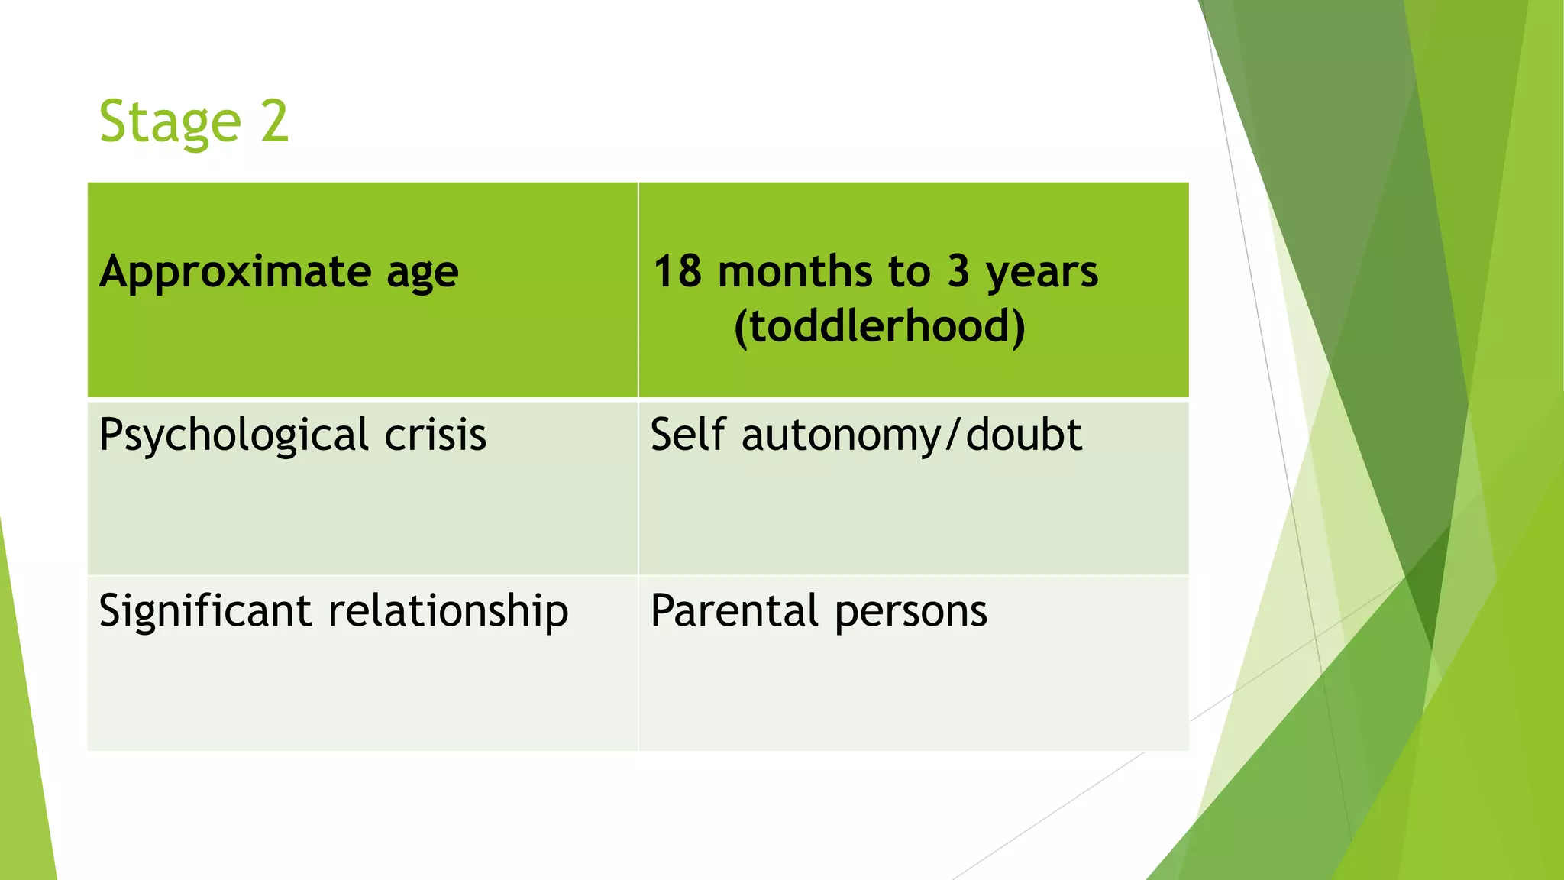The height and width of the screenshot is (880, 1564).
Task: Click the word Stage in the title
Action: (170, 122)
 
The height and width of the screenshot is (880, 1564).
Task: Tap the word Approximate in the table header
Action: (234, 273)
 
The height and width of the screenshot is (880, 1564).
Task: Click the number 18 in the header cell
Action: (677, 272)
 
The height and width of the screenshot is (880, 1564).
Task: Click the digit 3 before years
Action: (958, 272)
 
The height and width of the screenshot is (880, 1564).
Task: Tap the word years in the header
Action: (1042, 273)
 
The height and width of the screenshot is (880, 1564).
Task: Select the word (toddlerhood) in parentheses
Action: (879, 326)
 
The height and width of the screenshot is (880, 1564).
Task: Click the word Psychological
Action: (234, 436)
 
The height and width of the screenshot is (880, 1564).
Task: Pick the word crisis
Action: (435, 435)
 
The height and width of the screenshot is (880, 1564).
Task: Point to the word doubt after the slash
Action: (1023, 435)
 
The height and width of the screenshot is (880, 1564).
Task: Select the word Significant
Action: (205, 611)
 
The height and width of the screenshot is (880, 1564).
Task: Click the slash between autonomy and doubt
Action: (952, 435)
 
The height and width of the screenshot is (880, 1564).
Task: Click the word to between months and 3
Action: (909, 273)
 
